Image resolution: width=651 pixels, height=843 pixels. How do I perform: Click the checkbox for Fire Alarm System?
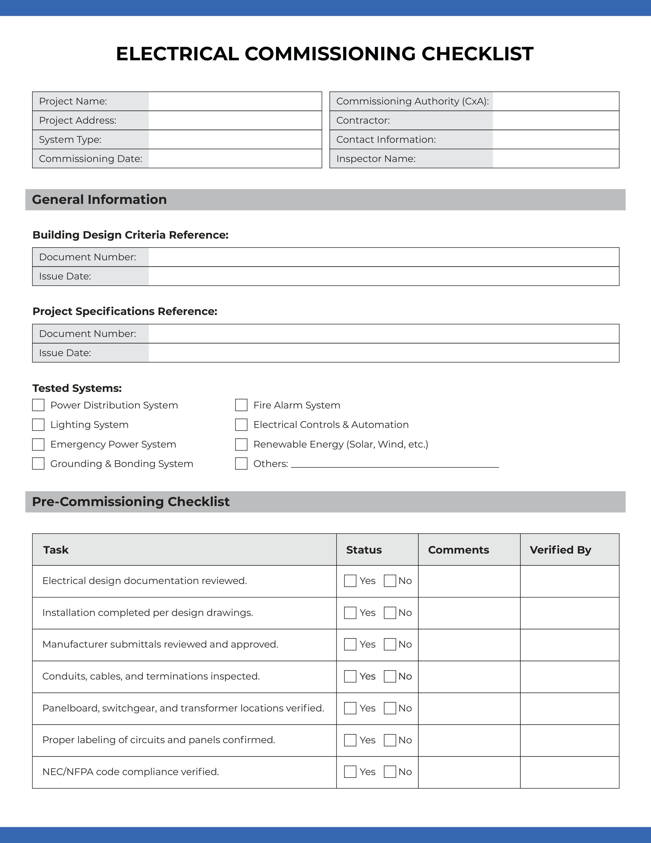point(241,405)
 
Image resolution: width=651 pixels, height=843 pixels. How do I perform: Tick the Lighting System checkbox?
point(38,425)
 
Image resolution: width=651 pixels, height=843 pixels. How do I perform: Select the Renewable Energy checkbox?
point(241,444)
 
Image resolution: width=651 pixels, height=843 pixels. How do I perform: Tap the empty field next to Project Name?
point(235,101)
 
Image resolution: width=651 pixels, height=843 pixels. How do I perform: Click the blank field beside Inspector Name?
point(555,159)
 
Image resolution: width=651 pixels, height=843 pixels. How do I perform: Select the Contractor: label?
point(363,120)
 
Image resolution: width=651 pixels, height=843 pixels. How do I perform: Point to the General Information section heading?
point(100,200)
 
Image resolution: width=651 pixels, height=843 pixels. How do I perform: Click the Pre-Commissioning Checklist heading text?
point(131,502)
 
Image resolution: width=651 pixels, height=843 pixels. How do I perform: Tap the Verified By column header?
point(560,550)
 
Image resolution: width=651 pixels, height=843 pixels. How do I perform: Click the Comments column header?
point(458,550)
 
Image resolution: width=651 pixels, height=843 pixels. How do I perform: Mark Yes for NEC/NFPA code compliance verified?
point(350,771)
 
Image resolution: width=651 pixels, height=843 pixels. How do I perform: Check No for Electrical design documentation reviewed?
point(390,581)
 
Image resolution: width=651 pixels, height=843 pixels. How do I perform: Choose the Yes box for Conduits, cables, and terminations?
point(350,676)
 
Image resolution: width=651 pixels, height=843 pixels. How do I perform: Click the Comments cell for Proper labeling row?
point(469,740)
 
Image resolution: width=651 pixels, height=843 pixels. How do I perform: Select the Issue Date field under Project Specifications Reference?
point(383,353)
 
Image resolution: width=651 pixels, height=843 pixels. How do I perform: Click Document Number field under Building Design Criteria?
point(383,257)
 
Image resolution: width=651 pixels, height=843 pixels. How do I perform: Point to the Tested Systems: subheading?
point(77,388)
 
